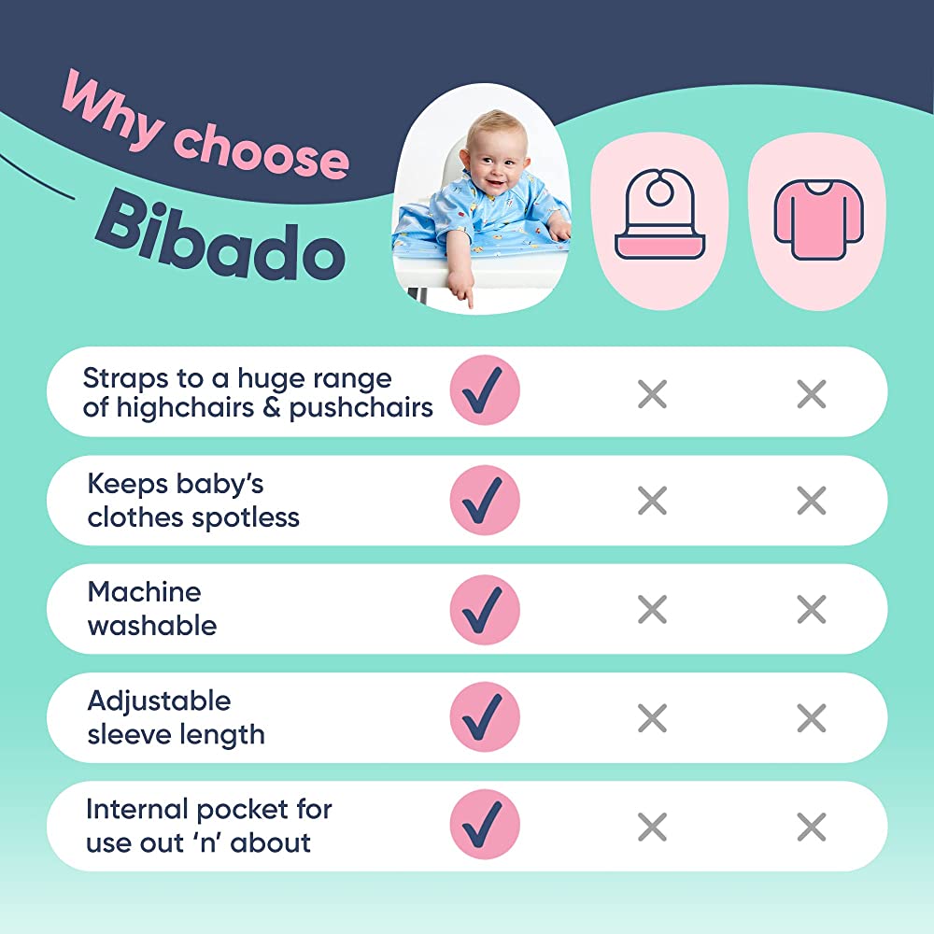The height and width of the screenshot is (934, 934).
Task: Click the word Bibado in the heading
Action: pyautogui.click(x=220, y=237)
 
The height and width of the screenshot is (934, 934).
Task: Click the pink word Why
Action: pyautogui.click(x=112, y=109)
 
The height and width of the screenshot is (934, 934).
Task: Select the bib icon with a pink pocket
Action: pyautogui.click(x=659, y=215)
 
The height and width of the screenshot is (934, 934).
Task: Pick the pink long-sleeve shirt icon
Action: pyautogui.click(x=818, y=219)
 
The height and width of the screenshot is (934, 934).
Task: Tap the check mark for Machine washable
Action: pyautogui.click(x=485, y=609)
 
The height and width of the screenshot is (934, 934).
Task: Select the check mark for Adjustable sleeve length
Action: pyautogui.click(x=485, y=716)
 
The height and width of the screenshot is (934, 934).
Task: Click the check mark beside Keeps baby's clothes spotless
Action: pyautogui.click(x=485, y=501)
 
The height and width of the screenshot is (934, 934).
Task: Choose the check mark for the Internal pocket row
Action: pyautogui.click(x=485, y=825)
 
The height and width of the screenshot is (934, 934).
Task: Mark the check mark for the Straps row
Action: pyautogui.click(x=485, y=390)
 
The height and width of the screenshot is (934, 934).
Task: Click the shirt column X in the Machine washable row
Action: pyautogui.click(x=812, y=609)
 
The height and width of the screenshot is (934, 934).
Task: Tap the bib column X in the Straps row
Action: pyautogui.click(x=652, y=394)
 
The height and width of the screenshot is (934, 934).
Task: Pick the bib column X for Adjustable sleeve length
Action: pyautogui.click(x=652, y=717)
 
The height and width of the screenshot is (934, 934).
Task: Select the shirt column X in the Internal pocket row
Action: pyautogui.click(x=812, y=827)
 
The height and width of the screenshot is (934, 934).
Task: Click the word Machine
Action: pyautogui.click(x=144, y=592)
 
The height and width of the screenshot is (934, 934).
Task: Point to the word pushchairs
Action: pyautogui.click(x=361, y=409)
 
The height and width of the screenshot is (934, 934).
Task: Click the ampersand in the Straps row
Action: pyautogui.click(x=272, y=408)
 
